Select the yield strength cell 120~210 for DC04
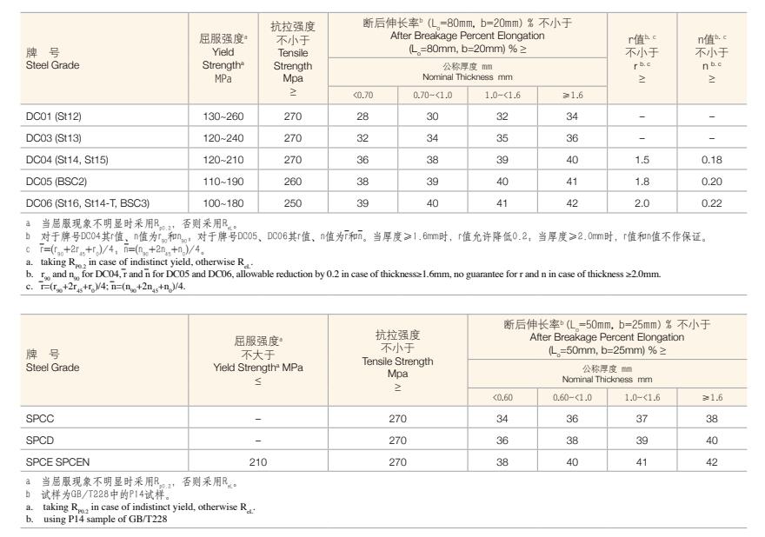pyautogui.click(x=223, y=159)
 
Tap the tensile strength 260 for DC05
pyautogui.click(x=293, y=181)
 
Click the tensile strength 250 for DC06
pyautogui.click(x=293, y=202)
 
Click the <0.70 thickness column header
pyautogui.click(x=363, y=95)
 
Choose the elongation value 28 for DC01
pyautogui.click(x=363, y=116)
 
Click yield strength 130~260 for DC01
pyautogui.click(x=223, y=116)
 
